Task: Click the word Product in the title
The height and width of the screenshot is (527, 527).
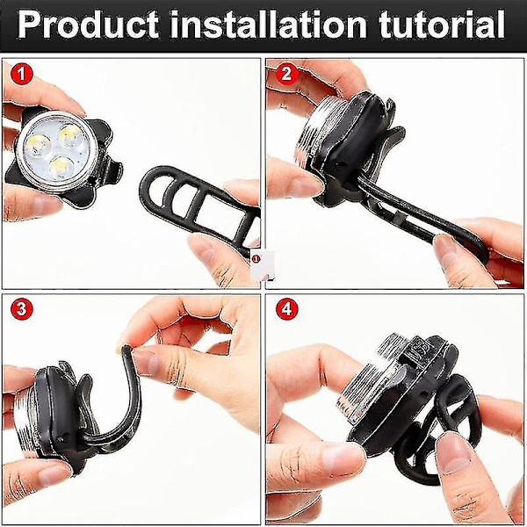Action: (88, 25)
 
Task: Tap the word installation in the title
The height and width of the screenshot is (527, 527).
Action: (269, 25)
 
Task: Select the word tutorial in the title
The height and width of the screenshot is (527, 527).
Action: (442, 25)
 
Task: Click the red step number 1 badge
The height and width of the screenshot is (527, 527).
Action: (21, 74)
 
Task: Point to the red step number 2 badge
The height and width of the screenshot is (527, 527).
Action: (286, 74)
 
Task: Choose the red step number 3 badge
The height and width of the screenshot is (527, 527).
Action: (21, 308)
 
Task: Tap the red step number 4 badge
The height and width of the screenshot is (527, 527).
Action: (286, 308)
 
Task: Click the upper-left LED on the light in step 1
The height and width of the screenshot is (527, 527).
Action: (38, 146)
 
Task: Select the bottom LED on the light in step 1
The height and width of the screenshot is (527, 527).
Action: (61, 168)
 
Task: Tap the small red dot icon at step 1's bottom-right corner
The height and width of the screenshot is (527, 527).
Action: (256, 259)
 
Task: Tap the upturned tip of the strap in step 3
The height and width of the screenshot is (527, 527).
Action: (125, 350)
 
